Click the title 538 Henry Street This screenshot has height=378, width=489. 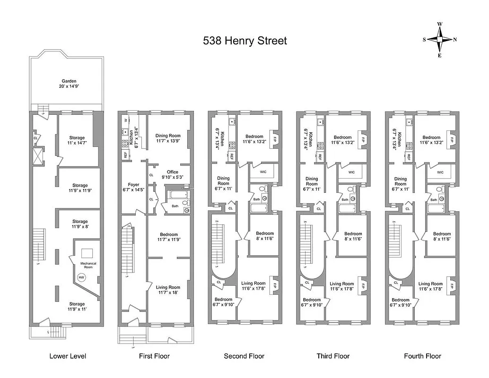244,41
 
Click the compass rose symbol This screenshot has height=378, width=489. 439,40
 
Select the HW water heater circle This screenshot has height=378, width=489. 81,277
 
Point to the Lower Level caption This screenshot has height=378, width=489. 68,356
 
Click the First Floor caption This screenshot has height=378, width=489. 154,356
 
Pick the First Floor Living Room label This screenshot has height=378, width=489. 168,290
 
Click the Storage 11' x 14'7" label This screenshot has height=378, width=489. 79,140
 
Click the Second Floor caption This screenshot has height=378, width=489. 244,356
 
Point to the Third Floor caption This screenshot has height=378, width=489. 333,356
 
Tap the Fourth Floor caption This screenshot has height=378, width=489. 422,356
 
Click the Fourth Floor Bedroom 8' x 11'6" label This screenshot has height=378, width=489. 442,237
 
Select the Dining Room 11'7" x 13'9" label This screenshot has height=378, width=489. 168,138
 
